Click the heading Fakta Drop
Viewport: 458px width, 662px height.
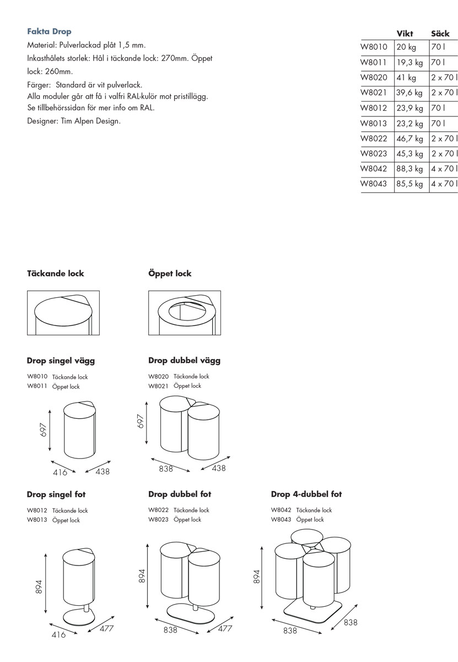[49, 31]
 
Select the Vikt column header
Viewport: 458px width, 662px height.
[405, 34]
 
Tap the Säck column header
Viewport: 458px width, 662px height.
[440, 34]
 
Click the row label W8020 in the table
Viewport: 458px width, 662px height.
[374, 78]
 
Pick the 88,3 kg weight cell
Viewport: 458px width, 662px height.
[409, 169]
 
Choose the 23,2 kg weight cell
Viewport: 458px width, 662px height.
[409, 124]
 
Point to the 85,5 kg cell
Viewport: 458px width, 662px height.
[409, 184]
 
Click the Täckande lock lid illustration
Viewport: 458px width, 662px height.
[63, 313]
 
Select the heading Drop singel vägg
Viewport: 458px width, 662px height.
[61, 361]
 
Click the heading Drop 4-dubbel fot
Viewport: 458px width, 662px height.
[306, 494]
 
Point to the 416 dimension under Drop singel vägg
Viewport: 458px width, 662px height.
[60, 472]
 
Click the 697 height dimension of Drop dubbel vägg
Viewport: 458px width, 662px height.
[141, 422]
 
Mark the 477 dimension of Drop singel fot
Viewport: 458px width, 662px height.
[106, 628]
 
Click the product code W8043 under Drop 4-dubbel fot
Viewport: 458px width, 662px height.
[281, 520]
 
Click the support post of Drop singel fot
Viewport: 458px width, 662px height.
[87, 608]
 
